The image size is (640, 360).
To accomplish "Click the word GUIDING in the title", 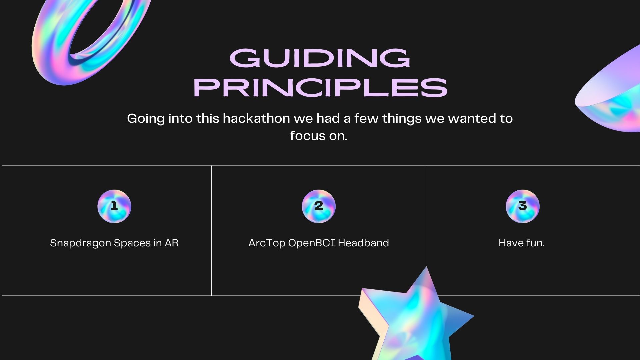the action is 320,58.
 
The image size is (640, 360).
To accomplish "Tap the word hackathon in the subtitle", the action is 256,118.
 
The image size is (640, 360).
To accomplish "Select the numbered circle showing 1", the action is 114,206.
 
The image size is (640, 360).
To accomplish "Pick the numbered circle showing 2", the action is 319,206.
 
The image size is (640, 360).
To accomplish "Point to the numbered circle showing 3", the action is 523,206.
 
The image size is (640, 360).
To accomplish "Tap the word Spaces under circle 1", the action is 132,243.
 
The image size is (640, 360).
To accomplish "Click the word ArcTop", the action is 267,243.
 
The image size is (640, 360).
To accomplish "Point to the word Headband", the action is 363,243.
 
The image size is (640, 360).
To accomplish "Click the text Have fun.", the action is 522,243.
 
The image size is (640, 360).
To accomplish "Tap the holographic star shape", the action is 413,317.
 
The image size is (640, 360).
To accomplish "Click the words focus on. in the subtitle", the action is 319,136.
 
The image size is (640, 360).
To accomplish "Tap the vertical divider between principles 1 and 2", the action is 211,230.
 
